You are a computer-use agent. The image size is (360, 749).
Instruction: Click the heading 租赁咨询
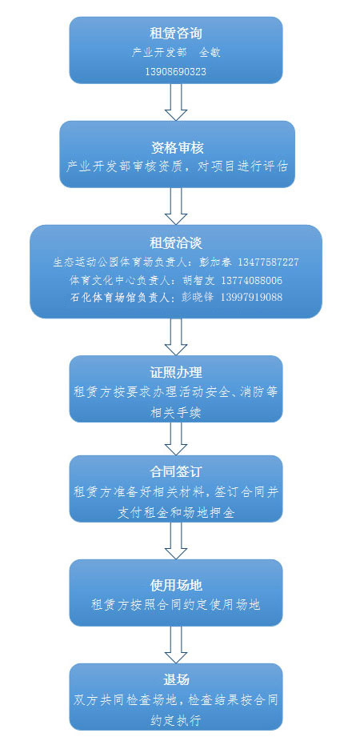point(176,34)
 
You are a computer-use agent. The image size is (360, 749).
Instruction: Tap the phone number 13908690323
point(176,72)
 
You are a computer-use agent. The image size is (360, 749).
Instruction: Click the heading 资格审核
point(177,147)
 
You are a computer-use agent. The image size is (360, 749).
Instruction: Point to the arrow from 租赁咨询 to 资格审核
point(176,102)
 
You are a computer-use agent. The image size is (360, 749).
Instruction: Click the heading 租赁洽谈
point(176,243)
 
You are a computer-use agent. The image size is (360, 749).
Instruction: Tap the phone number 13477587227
point(267,262)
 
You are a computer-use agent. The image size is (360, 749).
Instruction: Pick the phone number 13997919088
point(251,297)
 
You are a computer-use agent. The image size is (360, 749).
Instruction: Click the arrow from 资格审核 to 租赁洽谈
point(176,206)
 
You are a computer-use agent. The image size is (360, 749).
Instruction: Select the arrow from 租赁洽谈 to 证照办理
point(176,337)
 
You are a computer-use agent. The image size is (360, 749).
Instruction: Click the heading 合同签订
point(176,472)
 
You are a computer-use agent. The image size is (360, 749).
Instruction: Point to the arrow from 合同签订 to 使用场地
point(176,540)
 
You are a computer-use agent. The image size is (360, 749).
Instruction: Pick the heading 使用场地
point(176,585)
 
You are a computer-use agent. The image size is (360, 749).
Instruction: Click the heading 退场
point(176,679)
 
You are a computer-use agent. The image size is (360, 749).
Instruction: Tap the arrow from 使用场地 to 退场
point(176,644)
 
